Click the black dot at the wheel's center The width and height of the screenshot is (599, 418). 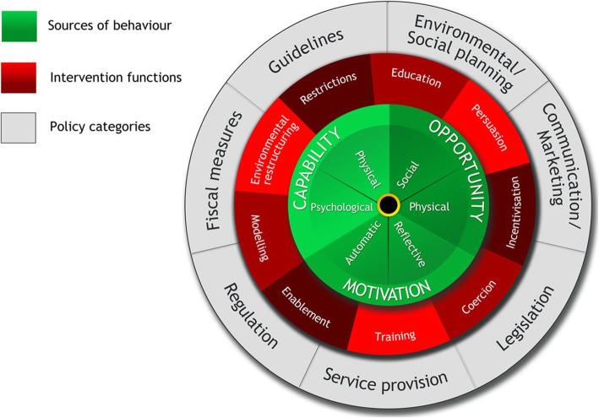389,205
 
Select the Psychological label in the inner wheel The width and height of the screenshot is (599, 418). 341,206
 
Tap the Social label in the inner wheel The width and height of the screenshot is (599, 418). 410,170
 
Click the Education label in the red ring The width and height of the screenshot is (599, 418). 417,82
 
